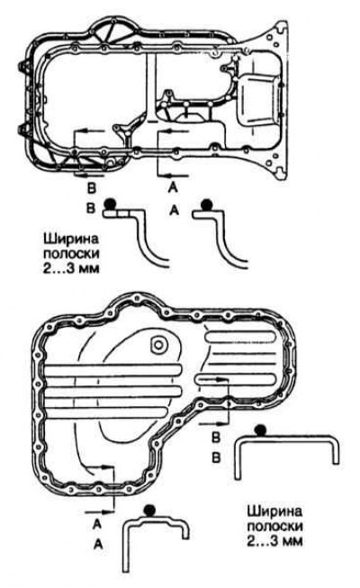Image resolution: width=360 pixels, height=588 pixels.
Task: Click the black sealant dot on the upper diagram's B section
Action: pyautogui.click(x=110, y=204)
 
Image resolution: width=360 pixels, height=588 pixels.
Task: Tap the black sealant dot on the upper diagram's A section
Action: pyautogui.click(x=206, y=204)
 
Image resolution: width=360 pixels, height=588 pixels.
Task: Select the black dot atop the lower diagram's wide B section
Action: pyautogui.click(x=260, y=430)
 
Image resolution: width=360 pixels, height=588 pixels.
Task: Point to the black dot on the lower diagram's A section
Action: pyautogui.click(x=149, y=510)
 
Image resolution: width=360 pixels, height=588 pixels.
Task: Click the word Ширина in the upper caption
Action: pyautogui.click(x=71, y=240)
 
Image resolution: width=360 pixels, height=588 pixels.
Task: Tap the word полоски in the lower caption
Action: pyautogui.click(x=275, y=526)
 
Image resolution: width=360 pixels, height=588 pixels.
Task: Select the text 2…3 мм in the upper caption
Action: pyautogui.click(x=71, y=268)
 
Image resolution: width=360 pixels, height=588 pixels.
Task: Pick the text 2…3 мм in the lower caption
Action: pyautogui.click(x=274, y=541)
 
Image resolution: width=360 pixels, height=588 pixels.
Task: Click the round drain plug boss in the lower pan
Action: pyautogui.click(x=157, y=345)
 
